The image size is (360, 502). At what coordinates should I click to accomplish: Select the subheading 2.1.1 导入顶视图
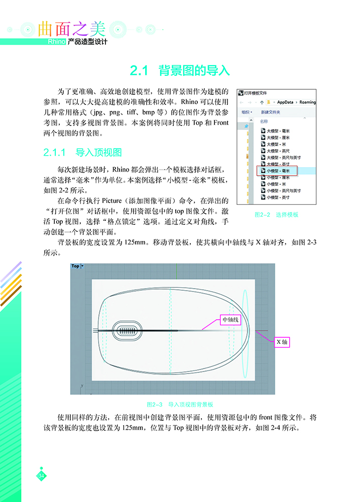click(x=83, y=152)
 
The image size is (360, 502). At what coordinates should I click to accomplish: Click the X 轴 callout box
click(x=282, y=342)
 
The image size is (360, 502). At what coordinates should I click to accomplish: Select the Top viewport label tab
click(x=75, y=266)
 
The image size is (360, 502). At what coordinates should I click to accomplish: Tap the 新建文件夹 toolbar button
click(x=271, y=112)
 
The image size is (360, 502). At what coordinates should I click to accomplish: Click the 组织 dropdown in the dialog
click(x=247, y=112)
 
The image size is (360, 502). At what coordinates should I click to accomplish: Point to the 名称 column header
click(x=264, y=121)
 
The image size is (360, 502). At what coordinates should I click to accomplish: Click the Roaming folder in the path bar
click(x=307, y=102)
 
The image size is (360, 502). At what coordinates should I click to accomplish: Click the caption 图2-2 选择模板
click(x=277, y=214)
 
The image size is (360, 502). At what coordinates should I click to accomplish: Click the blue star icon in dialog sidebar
click(x=246, y=127)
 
